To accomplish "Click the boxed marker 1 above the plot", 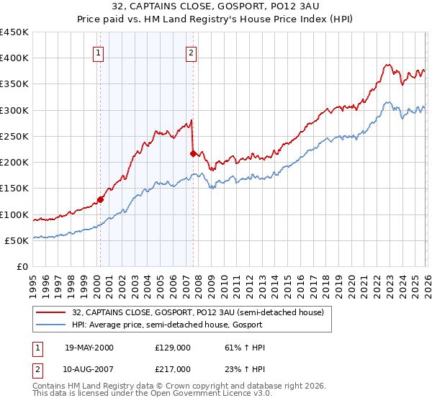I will point(98,52).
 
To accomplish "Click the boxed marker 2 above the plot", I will point(192,52).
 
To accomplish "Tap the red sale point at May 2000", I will point(100,199).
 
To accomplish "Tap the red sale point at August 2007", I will point(193,153).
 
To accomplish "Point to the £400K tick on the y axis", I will point(15,58).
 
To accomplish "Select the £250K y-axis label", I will point(15,136).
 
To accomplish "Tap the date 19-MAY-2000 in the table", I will point(89,348).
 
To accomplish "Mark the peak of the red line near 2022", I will point(387,65).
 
